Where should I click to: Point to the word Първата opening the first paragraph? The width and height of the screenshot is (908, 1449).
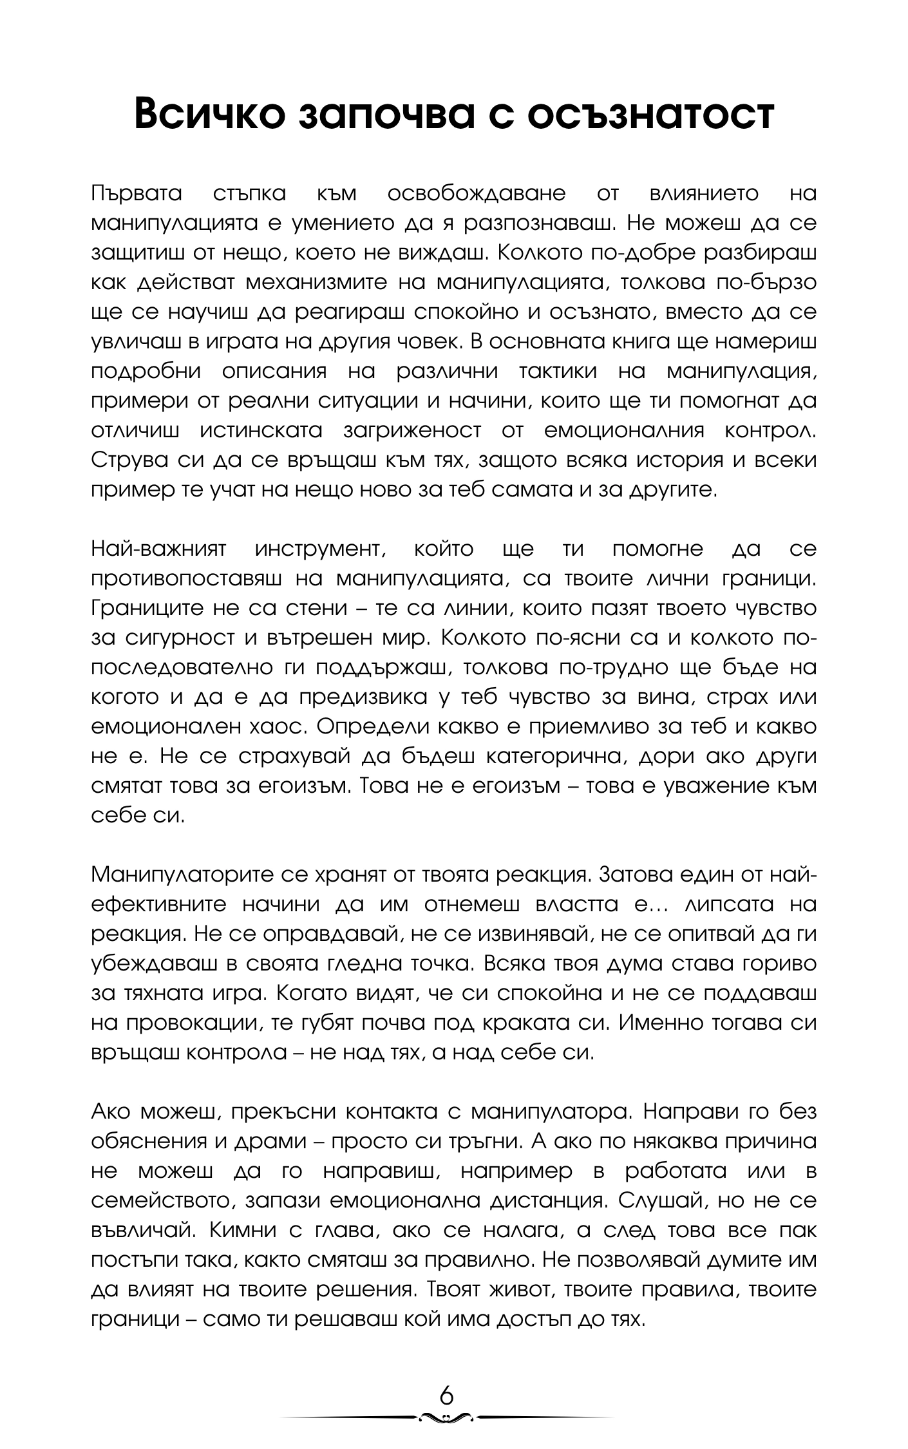[x=137, y=193]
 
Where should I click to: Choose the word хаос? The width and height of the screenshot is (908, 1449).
[x=276, y=727]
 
